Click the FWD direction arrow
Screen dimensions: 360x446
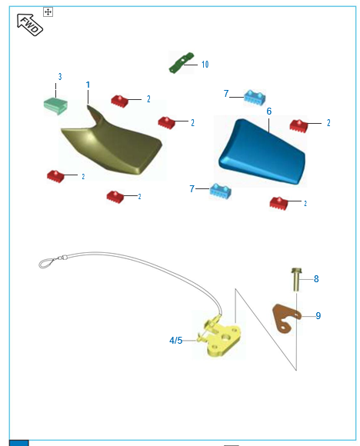click(29, 25)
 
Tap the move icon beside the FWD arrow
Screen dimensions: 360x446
click(48, 12)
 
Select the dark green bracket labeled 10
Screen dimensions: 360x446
click(182, 62)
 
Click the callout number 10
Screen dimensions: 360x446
click(205, 65)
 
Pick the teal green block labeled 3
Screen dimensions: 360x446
click(55, 105)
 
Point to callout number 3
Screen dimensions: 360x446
click(60, 77)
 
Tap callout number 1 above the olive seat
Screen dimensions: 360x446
click(88, 85)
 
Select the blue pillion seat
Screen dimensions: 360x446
click(262, 152)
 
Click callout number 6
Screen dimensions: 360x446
click(269, 111)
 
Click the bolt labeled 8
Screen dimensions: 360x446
click(296, 279)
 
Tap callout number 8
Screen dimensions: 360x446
click(316, 279)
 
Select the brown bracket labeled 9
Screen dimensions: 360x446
click(286, 318)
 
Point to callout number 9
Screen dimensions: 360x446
click(318, 316)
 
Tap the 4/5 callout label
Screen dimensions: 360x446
click(176, 341)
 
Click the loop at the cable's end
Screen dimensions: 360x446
click(47, 263)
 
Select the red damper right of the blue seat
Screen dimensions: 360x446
click(298, 125)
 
